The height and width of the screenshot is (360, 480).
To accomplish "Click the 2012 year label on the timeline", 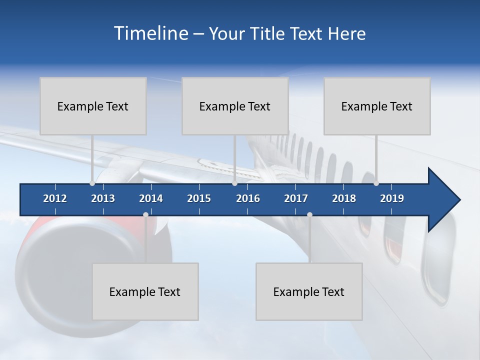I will click(55, 198).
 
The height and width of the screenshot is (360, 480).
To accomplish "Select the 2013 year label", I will click(103, 198).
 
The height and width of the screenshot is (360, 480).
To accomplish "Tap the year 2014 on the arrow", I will click(151, 198).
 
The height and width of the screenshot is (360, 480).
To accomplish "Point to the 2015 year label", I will click(199, 198).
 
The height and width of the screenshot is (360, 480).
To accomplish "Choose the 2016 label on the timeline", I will click(248, 198).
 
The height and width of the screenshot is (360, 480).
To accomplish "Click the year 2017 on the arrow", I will click(296, 198).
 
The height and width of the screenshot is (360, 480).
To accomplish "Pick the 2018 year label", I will click(344, 198).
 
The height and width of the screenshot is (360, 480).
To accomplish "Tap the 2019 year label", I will click(392, 198).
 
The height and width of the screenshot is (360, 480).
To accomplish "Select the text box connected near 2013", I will click(93, 106).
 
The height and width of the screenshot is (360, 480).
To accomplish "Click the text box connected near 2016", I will click(235, 106).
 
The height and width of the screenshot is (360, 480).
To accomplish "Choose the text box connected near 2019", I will click(377, 106).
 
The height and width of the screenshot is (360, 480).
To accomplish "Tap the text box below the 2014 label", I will click(145, 291).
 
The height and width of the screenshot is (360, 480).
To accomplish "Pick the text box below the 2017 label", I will click(309, 291).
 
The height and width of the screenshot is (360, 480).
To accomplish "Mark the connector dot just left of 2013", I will click(92, 183).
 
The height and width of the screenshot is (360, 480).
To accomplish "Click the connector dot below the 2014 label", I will click(145, 215).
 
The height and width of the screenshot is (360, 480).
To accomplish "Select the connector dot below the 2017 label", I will click(309, 215).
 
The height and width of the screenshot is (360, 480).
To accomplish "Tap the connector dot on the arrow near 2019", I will click(376, 183).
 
